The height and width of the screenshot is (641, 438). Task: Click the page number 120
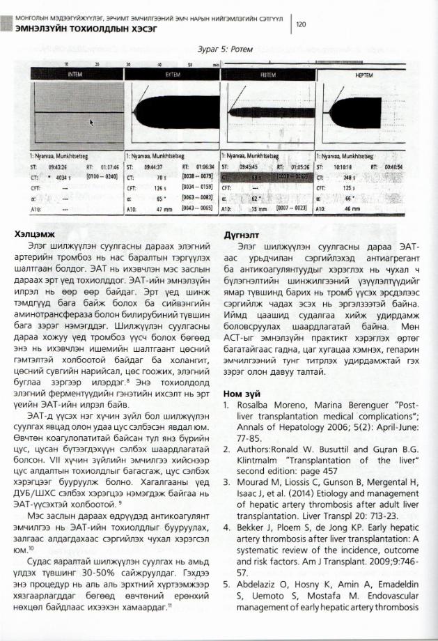pos(302,25)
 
